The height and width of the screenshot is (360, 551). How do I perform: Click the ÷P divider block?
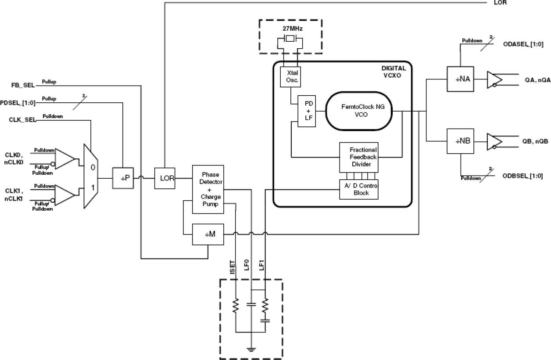(123, 178)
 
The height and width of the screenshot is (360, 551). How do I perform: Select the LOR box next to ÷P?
(165, 178)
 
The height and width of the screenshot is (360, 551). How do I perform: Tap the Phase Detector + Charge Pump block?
(208, 189)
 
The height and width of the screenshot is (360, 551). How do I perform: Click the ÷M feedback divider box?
(208, 234)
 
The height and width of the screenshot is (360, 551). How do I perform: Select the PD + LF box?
(305, 111)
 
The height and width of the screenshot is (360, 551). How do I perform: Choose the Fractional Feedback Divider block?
(358, 157)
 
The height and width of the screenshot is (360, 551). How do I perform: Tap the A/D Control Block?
(358, 189)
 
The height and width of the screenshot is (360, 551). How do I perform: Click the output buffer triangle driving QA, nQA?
(494, 79)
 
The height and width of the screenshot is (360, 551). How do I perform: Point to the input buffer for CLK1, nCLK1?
(64, 194)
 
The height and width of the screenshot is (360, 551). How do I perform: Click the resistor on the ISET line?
(236, 306)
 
